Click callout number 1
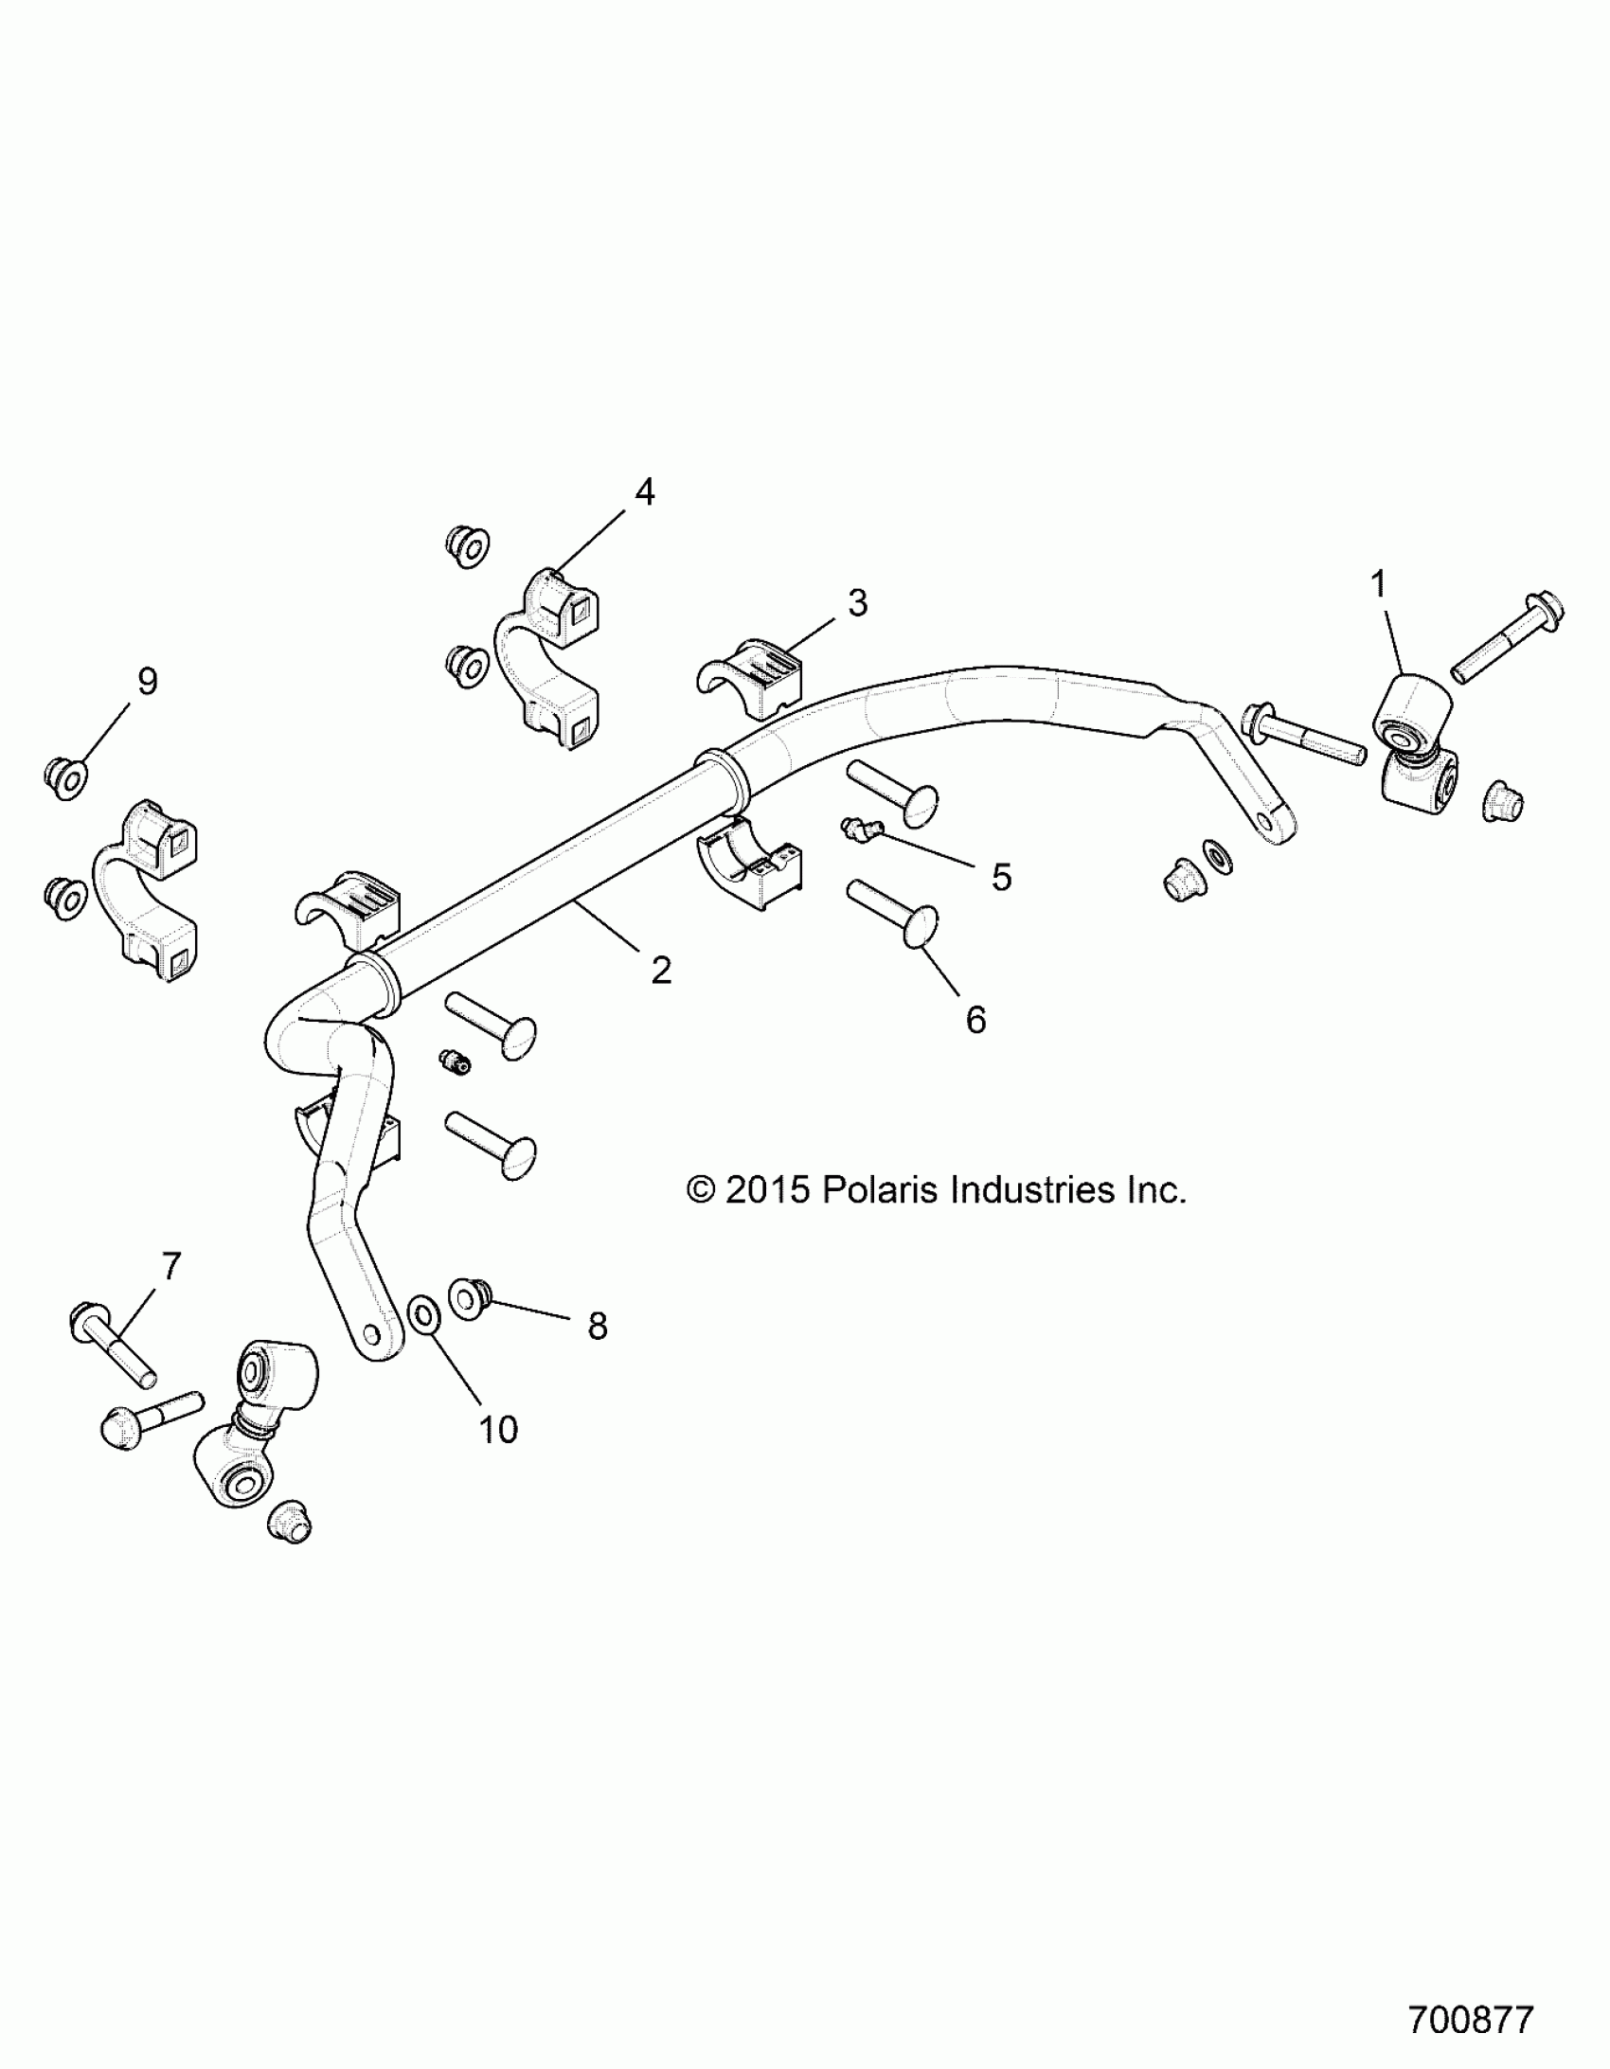[1379, 584]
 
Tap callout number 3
[857, 602]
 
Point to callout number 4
[644, 491]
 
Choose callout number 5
[1001, 877]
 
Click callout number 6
[975, 1019]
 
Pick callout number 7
[170, 1266]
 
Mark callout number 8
[597, 1327]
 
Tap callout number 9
[148, 681]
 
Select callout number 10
[497, 1430]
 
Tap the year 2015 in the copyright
[767, 1190]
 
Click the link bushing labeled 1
[1410, 709]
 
